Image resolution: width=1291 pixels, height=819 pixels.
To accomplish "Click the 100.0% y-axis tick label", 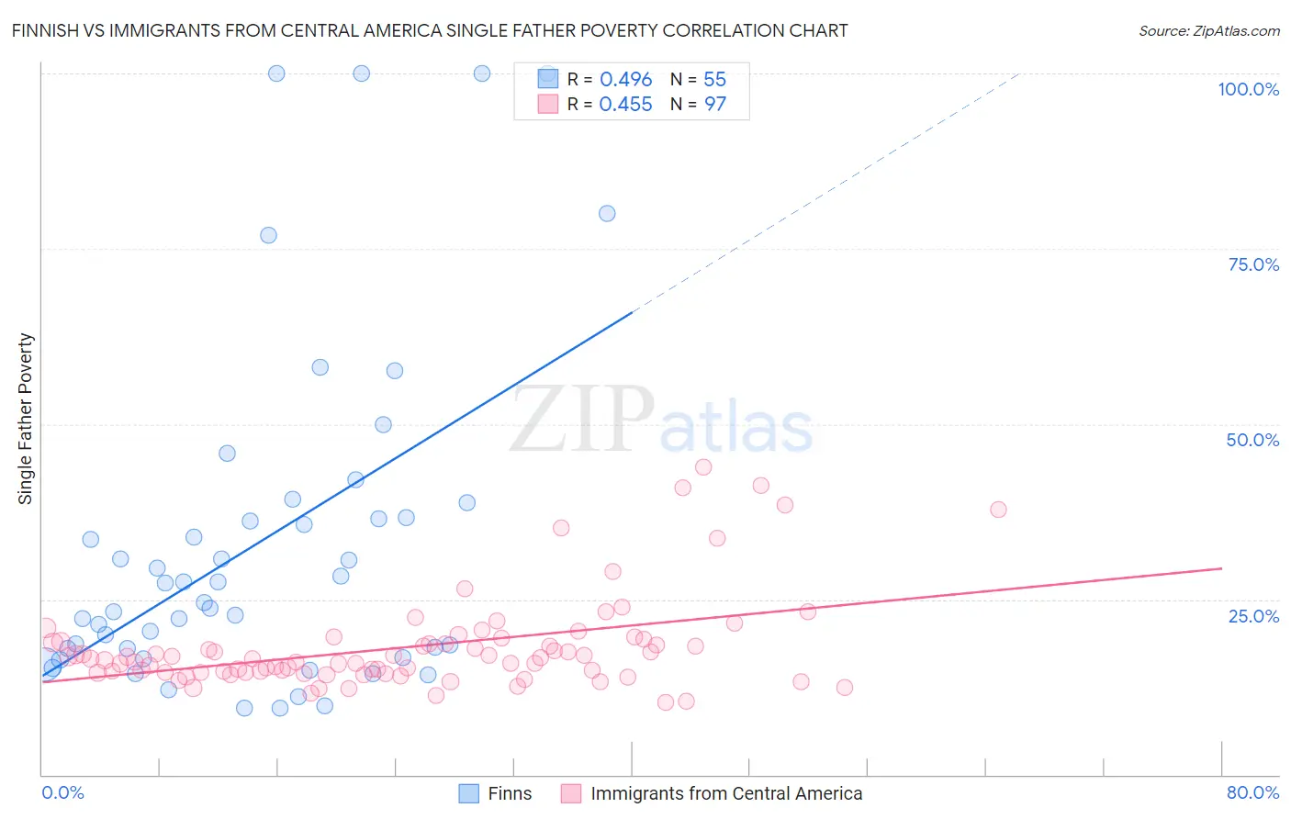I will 1248,89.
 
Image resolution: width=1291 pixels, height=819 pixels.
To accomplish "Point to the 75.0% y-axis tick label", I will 1253,264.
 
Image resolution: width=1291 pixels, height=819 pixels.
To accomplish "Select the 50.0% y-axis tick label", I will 1252,440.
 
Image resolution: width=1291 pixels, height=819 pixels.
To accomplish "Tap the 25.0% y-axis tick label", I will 1253,615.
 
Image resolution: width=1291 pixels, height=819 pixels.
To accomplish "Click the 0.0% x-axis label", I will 62,792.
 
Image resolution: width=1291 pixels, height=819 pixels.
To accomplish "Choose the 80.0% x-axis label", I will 1252,792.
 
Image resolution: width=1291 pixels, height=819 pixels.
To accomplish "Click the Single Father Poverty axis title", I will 26,419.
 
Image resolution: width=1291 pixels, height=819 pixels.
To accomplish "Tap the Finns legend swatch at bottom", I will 468,793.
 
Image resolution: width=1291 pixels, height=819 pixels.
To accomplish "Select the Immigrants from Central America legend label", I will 726,793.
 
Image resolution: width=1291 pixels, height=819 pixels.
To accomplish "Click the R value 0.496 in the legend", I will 625,80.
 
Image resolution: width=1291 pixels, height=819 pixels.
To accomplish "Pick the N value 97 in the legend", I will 715,105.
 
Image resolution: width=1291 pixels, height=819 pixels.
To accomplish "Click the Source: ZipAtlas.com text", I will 1208,30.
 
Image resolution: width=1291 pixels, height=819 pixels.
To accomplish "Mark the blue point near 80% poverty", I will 607,213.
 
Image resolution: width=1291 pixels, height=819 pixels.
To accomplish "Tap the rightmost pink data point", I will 998,510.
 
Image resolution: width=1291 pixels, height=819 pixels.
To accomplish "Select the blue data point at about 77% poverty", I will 268,235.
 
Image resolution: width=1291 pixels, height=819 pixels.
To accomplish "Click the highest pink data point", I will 703,466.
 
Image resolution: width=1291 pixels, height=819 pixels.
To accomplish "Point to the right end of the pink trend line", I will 1221,568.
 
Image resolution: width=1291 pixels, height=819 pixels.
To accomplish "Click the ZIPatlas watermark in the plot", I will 661,421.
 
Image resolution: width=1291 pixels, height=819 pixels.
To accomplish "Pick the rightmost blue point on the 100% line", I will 482,73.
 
